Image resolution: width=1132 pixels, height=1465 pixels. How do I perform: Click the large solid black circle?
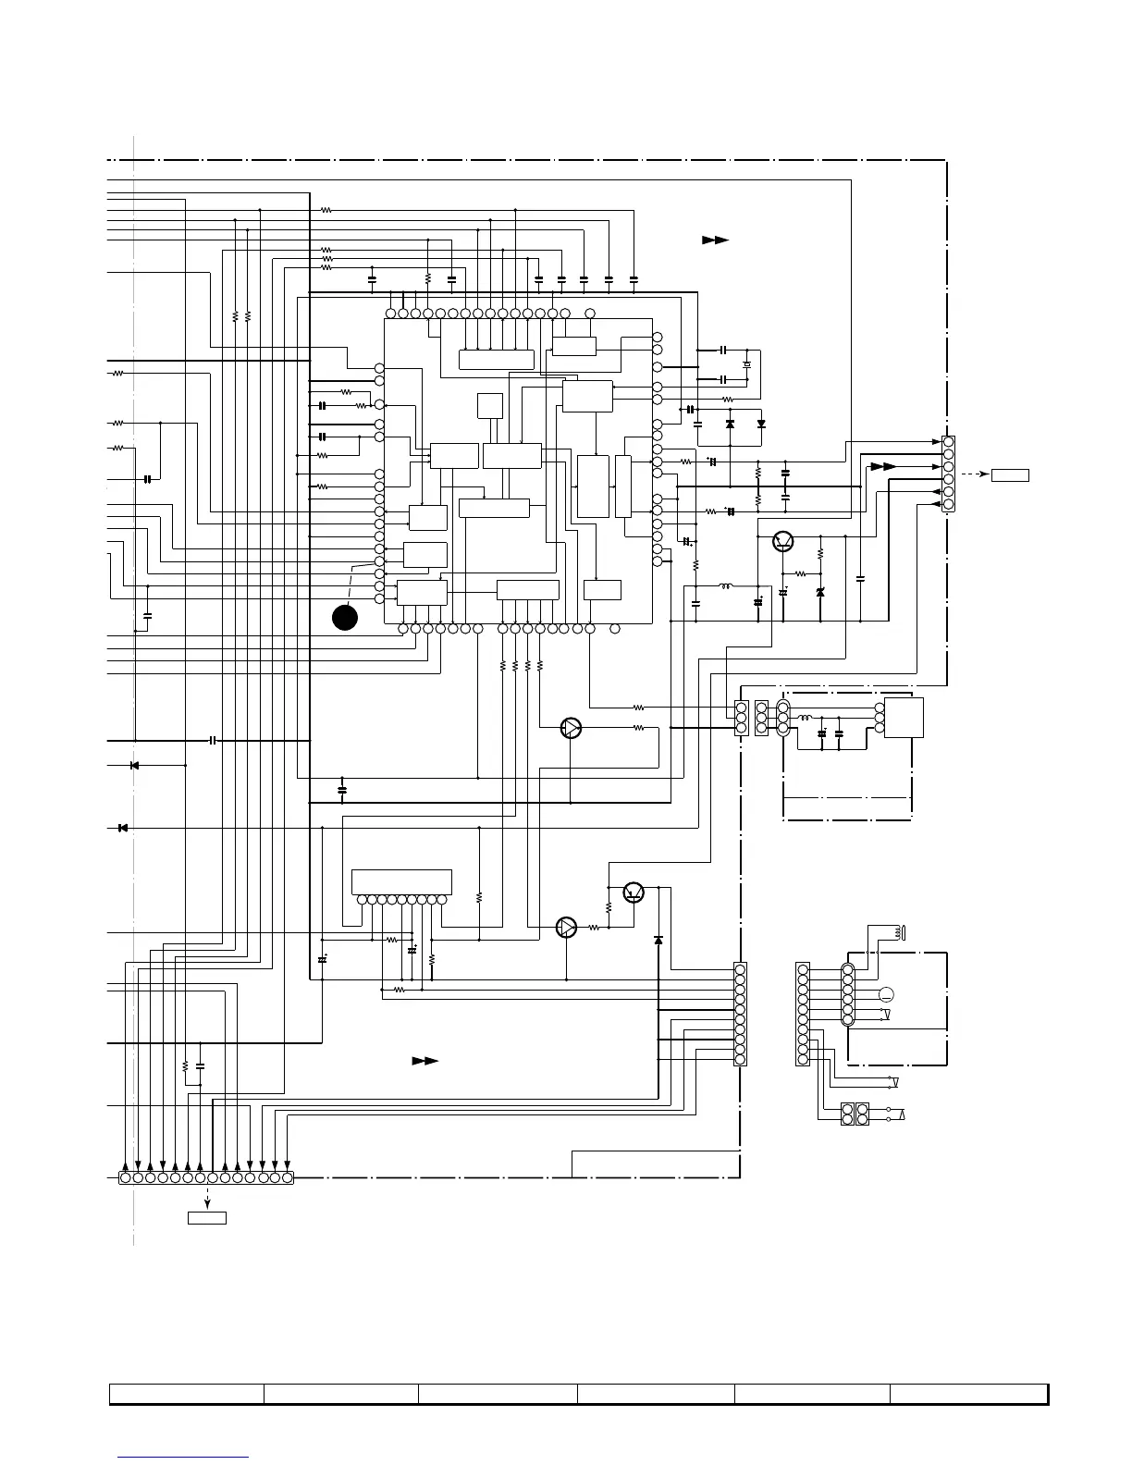[345, 618]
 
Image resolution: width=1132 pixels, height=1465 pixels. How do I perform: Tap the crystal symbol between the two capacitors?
[747, 365]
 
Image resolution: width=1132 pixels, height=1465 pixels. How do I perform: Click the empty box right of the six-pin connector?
[1010, 475]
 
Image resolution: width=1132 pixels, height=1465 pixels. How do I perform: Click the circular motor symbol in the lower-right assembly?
[886, 995]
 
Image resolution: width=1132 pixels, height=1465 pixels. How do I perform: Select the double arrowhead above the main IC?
[715, 240]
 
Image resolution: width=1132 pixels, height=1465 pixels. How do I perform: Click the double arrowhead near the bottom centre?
[424, 1061]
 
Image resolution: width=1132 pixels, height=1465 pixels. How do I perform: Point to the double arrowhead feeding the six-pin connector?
[883, 467]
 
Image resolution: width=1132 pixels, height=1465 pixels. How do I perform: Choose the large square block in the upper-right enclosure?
[904, 718]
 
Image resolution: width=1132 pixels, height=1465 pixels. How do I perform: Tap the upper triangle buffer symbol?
[572, 728]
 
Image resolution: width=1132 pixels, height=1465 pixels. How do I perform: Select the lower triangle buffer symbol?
[566, 927]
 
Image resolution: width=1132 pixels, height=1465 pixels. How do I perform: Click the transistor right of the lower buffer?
[634, 893]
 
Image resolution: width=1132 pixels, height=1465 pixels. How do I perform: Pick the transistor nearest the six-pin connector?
[783, 542]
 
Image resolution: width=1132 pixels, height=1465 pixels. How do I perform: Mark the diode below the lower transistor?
[658, 940]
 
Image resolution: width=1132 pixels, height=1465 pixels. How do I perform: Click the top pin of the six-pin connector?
[948, 443]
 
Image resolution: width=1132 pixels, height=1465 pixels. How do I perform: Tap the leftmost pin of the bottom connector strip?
[126, 1177]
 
